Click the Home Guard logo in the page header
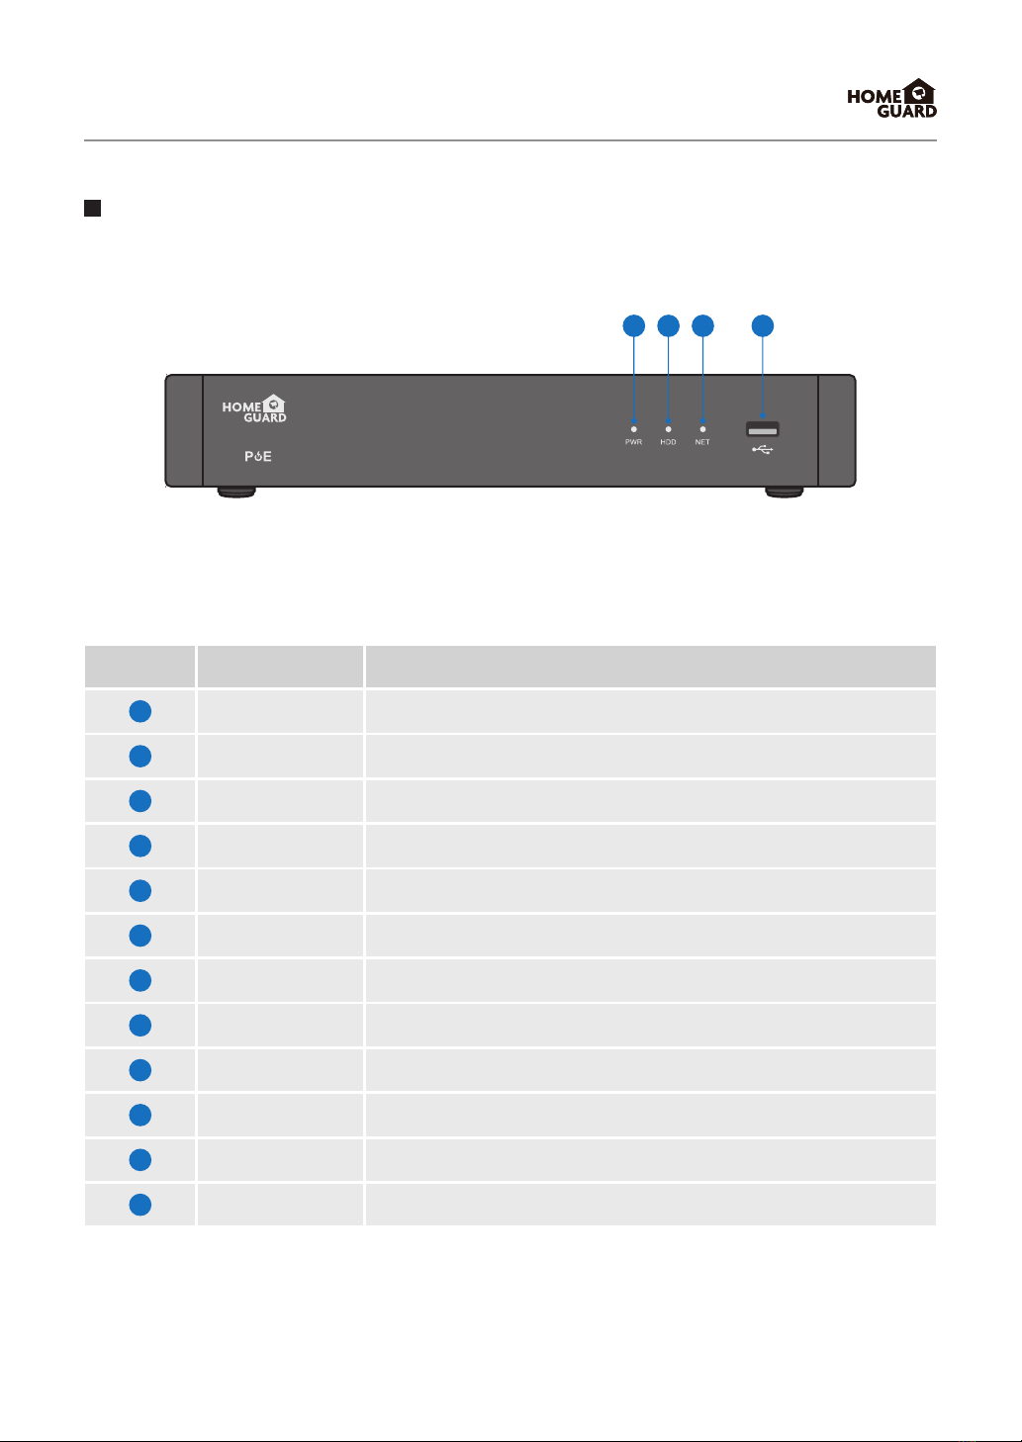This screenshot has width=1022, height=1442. pyautogui.click(x=891, y=99)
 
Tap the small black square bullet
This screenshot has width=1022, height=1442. pyautogui.click(x=92, y=208)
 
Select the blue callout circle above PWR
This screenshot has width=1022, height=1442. pyautogui.click(x=633, y=325)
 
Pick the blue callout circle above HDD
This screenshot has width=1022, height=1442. pyautogui.click(x=668, y=325)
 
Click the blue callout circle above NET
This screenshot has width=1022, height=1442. pyautogui.click(x=702, y=325)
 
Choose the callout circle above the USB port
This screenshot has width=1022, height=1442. pyautogui.click(x=763, y=325)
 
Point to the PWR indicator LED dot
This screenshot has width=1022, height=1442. pyautogui.click(x=633, y=429)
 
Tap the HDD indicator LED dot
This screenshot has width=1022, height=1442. pyautogui.click(x=668, y=429)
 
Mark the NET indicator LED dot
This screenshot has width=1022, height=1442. pyautogui.click(x=702, y=429)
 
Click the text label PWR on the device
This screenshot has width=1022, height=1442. pyautogui.click(x=633, y=442)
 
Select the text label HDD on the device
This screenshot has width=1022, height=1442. pyautogui.click(x=668, y=442)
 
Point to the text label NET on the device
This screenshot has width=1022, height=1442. pyautogui.click(x=702, y=442)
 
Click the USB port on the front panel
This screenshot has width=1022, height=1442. pyautogui.click(x=763, y=429)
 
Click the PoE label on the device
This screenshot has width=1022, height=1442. pyautogui.click(x=258, y=457)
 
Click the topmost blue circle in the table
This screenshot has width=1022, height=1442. pyautogui.click(x=140, y=710)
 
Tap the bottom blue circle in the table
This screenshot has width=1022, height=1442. pyautogui.click(x=140, y=1205)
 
